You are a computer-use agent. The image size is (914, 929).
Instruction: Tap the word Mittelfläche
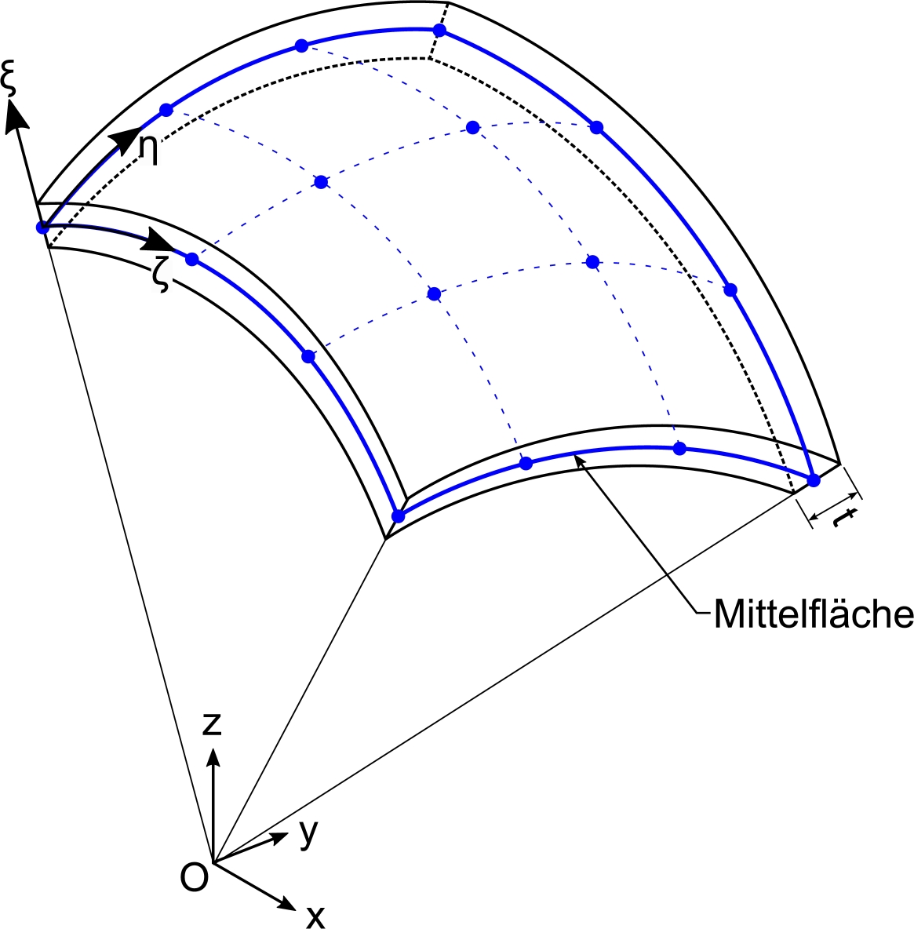coord(813,614)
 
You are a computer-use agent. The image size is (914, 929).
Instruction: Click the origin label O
coord(194,876)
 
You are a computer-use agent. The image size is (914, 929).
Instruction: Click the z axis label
coord(211,723)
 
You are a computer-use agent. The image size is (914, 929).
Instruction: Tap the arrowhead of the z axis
coord(213,755)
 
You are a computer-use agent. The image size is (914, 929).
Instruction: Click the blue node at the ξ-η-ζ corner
coord(42,228)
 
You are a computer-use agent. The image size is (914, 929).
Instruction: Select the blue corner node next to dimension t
coord(814,479)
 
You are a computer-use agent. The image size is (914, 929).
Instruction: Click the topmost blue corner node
coord(439,30)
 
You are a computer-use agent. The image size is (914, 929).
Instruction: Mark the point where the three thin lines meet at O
coord(213,862)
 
